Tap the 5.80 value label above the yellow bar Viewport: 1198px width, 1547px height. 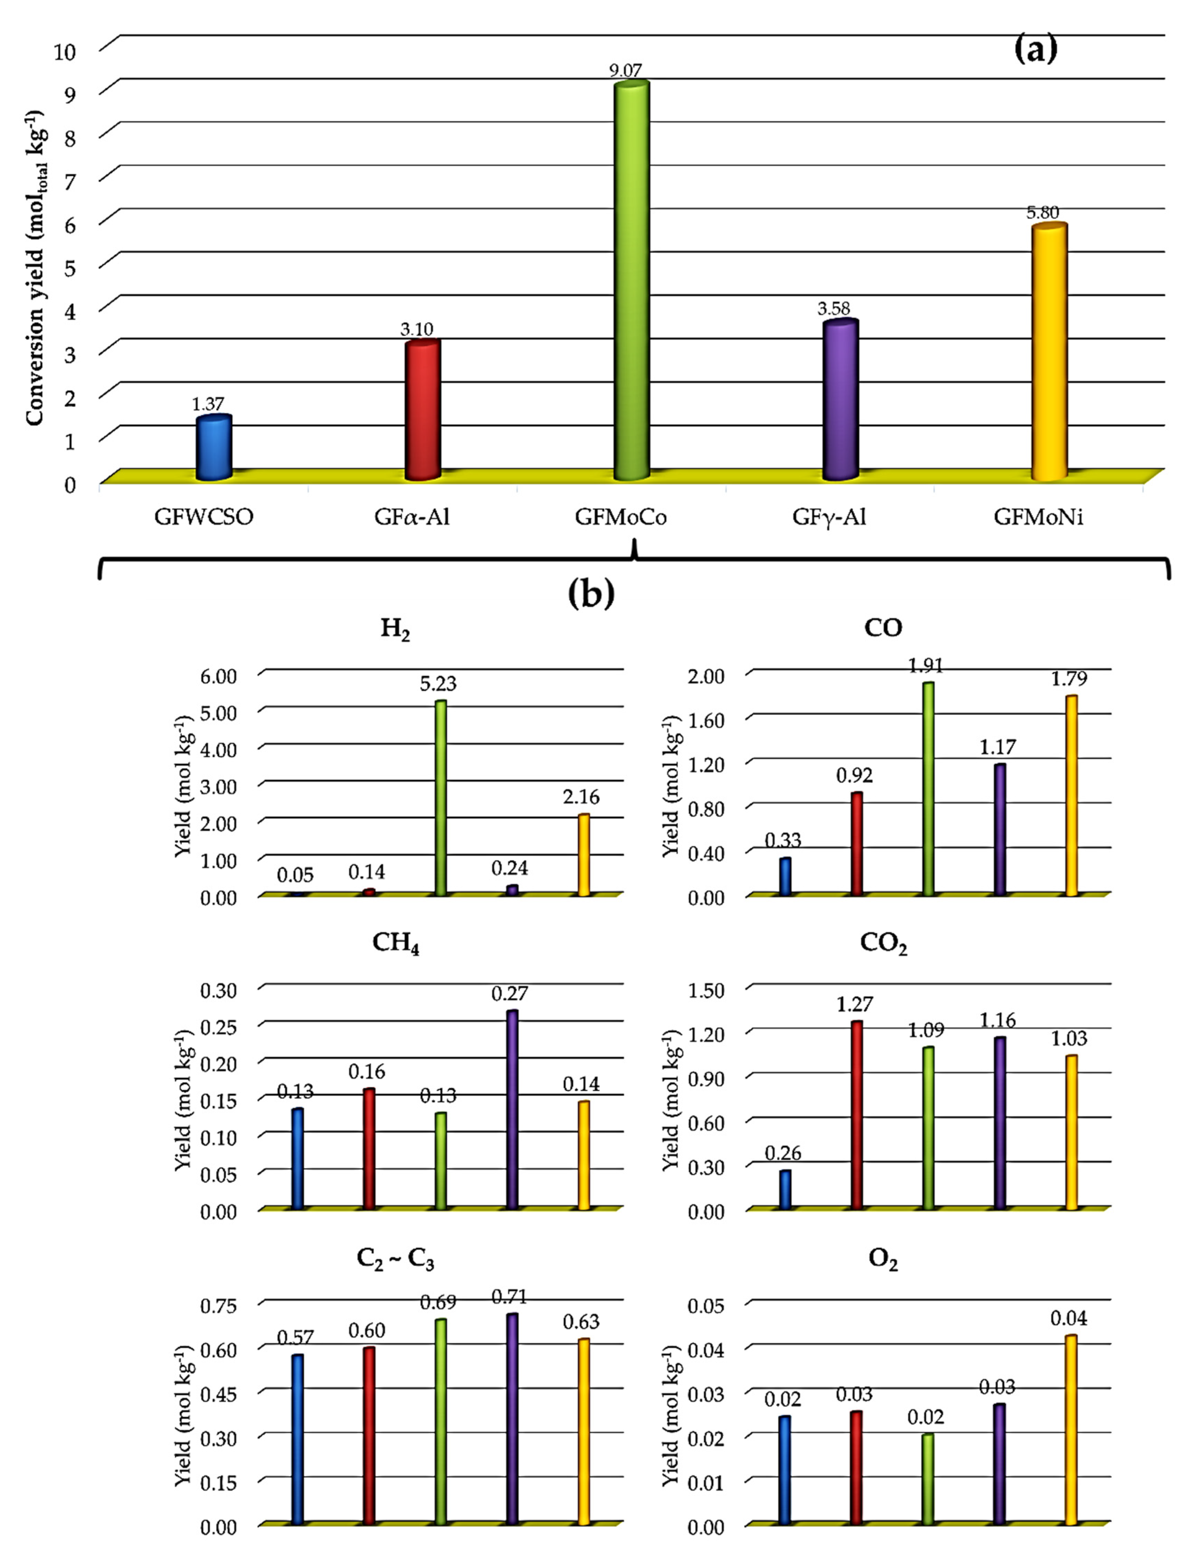[x=1043, y=212]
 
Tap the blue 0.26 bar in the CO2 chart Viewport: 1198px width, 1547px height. [x=785, y=1190]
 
